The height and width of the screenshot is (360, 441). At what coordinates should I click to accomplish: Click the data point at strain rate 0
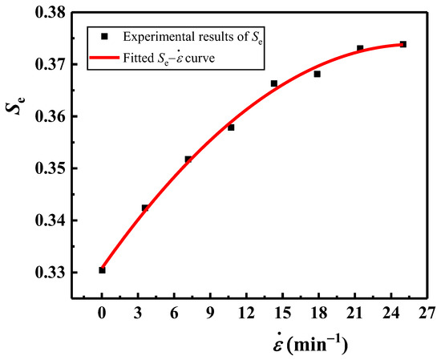(x=102, y=270)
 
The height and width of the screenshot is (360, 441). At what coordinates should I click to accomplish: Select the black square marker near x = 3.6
(x=145, y=208)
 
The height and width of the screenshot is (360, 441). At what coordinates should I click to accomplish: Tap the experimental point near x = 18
(x=317, y=74)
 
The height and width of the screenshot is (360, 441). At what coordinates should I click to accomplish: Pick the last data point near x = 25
(x=403, y=44)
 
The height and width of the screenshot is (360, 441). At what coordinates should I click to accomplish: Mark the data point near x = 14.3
(x=273, y=83)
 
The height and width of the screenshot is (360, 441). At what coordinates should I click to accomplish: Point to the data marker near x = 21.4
(x=360, y=48)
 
